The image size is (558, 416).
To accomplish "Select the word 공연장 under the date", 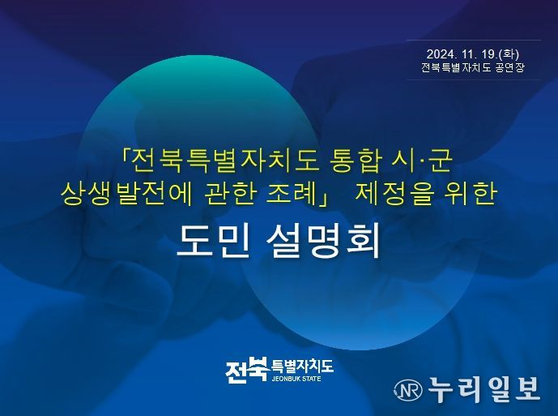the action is tap(509, 67).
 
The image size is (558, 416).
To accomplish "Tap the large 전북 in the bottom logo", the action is tap(247, 370).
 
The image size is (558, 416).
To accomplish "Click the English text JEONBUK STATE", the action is tap(296, 379).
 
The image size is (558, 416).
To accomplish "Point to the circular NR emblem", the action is tap(408, 389).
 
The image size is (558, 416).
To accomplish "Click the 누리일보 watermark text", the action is tap(483, 389).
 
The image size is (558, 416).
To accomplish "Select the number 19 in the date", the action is tap(488, 54).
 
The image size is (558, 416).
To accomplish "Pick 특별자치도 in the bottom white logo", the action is tap(302, 366).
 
